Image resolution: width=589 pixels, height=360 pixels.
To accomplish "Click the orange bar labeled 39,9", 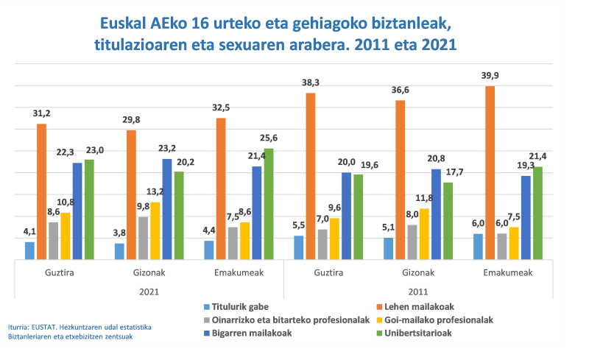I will tap(490, 173).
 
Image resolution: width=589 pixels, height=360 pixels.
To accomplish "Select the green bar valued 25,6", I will tap(269, 204).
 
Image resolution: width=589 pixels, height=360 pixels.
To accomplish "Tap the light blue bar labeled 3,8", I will tap(119, 251).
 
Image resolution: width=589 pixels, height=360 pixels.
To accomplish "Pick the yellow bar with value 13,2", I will tap(155, 230).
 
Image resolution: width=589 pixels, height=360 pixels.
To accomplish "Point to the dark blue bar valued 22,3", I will tap(77, 211).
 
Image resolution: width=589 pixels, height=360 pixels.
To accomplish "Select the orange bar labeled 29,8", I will tap(131, 195).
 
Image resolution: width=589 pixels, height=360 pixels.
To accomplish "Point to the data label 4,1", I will tap(29, 233).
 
